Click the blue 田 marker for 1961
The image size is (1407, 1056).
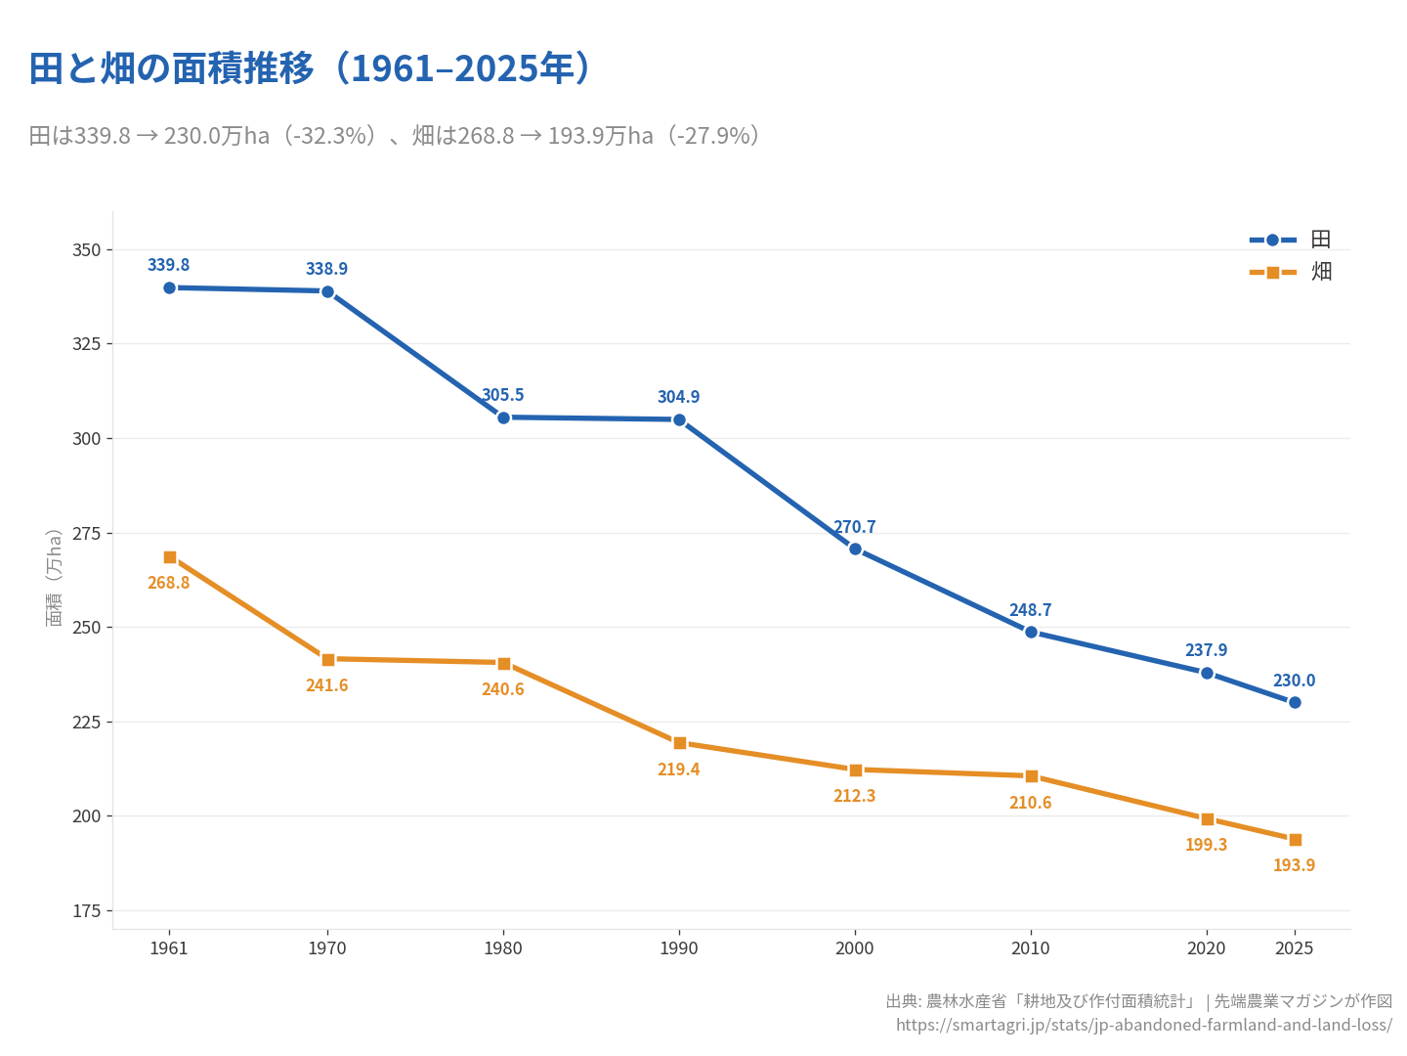[170, 287]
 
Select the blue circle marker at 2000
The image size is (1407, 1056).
[855, 549]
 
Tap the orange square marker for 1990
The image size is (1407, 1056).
[680, 743]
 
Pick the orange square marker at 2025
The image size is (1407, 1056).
[1295, 840]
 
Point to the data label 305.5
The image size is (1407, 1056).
[502, 395]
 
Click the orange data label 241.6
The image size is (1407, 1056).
[326, 685]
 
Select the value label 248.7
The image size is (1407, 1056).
[1030, 610]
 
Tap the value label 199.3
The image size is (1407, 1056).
[1206, 845]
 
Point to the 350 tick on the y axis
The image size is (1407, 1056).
[87, 250]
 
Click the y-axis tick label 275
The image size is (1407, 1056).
[87, 533]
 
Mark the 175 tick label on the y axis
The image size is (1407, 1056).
[87, 911]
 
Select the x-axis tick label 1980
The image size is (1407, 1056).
[503, 948]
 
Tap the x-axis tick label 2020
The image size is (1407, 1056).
[1207, 948]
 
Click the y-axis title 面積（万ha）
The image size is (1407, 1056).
[55, 577]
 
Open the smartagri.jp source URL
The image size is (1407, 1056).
[1143, 1025]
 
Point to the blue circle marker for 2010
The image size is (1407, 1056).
[1031, 632]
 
